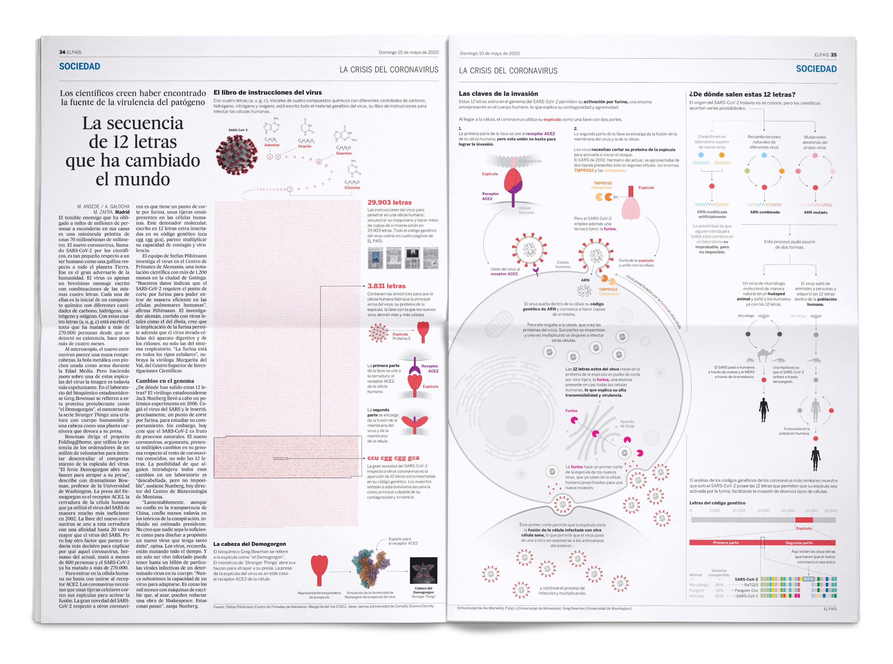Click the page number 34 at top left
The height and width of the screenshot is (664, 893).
point(62,52)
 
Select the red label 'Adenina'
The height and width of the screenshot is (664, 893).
point(272,145)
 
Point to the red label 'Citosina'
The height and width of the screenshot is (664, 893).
point(352,188)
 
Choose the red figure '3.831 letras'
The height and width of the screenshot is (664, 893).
point(386,286)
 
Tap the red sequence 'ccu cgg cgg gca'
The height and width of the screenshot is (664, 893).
point(393,458)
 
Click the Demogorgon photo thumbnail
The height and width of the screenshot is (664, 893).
point(423,570)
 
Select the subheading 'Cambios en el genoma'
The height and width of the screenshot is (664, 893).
point(165,381)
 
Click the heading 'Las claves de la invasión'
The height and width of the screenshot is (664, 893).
point(498,94)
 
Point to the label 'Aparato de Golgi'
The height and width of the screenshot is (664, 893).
point(627,424)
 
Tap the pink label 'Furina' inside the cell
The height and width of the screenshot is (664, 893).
point(571,411)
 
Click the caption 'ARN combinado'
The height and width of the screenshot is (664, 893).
point(765,212)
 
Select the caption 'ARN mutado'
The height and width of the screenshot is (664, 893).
point(815,213)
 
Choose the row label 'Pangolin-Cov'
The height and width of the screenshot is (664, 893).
point(746,590)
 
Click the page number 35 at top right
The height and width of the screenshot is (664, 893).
point(834,55)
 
